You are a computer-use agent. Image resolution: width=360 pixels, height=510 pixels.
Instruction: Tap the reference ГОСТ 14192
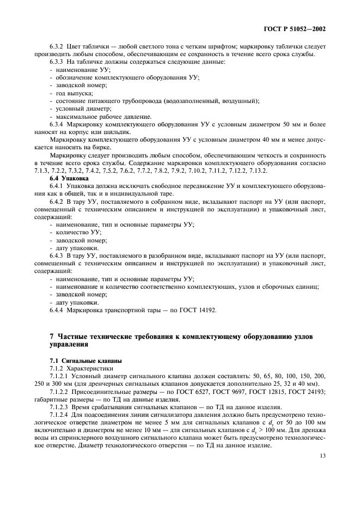[x=197, y=310]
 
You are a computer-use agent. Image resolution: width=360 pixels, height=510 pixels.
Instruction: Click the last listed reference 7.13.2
[x=255, y=171]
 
